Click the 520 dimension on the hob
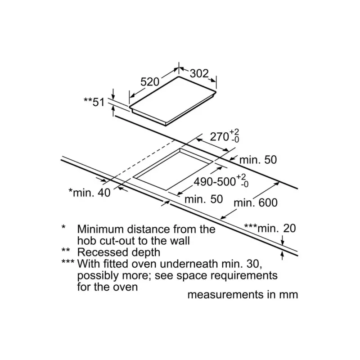point(150,82)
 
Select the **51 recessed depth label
point(94,102)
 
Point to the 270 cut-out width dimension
point(220,136)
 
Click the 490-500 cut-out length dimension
point(215,181)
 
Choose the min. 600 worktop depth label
point(256,202)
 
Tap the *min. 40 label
point(89,193)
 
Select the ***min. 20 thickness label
point(270,228)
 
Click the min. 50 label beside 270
point(258,159)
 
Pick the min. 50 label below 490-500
point(203,198)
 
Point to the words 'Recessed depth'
point(118,252)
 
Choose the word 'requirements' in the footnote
point(244,275)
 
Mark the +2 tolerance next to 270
point(234,131)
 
